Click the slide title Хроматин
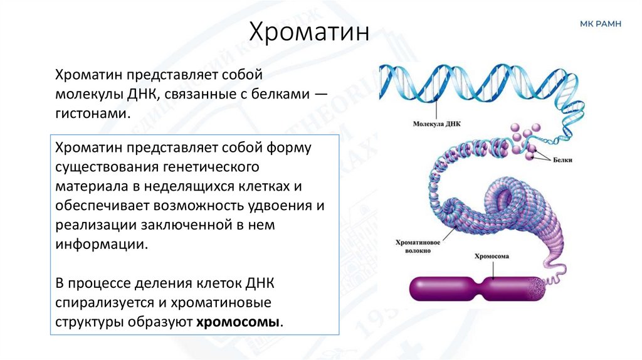(310, 31)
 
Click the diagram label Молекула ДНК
(436, 124)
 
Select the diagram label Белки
(563, 160)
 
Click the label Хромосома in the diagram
(490, 257)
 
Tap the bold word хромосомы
(239, 322)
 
